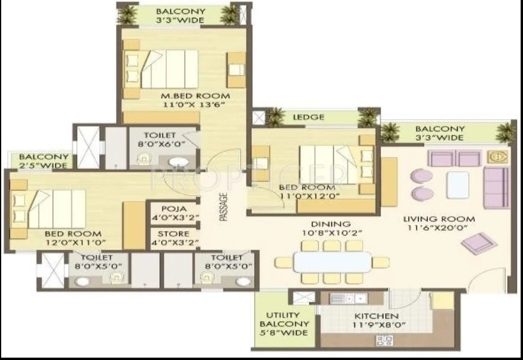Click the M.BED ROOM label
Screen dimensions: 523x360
[x=195, y=96]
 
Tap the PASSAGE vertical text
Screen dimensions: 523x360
[x=224, y=207]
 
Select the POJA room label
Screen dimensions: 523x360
[x=174, y=209]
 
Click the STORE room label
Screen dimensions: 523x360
[x=173, y=234]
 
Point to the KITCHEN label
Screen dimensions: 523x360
[x=376, y=316]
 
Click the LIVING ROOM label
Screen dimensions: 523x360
[x=439, y=219]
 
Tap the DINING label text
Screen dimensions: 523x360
[x=331, y=224]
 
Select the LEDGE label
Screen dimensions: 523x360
[x=308, y=117]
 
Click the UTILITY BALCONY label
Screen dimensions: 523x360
[x=284, y=319]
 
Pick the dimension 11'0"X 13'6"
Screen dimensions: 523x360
[x=194, y=105]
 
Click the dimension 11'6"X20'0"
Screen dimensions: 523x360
[x=438, y=228]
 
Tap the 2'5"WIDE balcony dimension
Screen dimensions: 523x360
[x=44, y=165]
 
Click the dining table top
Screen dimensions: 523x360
[x=333, y=262]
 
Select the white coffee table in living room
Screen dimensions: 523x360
[x=458, y=184]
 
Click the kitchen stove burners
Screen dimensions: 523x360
[x=385, y=341]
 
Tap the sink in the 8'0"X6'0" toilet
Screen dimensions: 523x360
[x=179, y=161]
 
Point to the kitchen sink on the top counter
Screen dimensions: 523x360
[x=348, y=298]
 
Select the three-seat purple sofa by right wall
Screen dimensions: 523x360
[x=496, y=188]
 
